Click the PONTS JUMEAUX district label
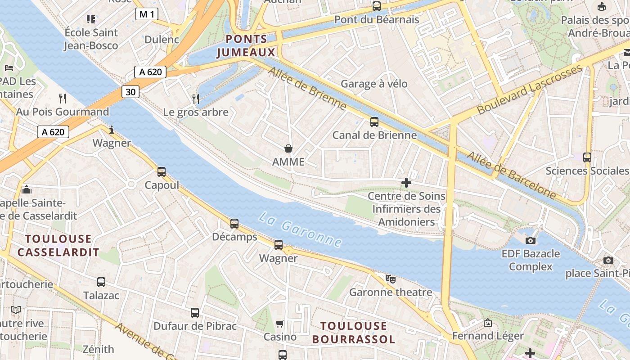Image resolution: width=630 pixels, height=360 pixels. tap(247, 46)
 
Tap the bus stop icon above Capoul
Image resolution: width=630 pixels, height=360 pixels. tap(162, 172)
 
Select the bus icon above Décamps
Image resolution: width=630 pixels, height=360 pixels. tap(234, 224)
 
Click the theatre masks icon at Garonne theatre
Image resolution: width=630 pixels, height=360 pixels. tap(391, 279)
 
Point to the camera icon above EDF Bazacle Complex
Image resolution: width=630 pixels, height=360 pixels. tap(531, 240)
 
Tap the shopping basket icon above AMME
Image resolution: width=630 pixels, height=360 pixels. tap(288, 148)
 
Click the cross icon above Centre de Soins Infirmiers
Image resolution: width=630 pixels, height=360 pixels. tap(406, 183)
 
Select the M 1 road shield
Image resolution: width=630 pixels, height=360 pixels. tap(147, 14)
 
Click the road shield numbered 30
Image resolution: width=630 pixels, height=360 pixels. tap(130, 92)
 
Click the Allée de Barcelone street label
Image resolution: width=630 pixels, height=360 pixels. tap(511, 175)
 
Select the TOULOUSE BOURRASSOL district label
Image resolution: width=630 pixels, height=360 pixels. tap(353, 333)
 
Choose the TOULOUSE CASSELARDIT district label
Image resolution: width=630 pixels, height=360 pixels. tap(58, 245)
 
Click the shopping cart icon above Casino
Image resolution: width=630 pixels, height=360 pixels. tap(280, 324)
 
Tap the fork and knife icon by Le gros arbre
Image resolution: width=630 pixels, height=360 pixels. tap(195, 99)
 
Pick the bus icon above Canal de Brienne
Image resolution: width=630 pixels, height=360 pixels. tap(374, 122)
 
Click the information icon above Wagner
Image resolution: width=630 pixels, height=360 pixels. tap(112, 130)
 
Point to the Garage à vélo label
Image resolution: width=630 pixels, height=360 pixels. tap(374, 84)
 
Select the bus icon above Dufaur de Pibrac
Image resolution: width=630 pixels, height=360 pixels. tap(195, 313)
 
